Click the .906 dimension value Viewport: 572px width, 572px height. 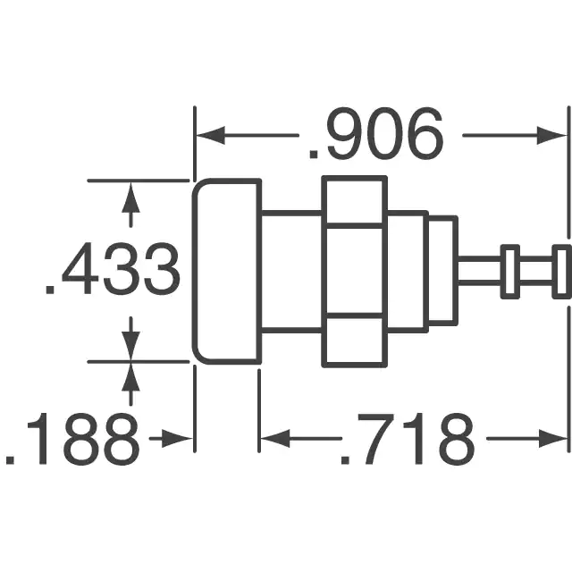click(x=375, y=136)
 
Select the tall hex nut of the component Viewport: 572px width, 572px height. click(x=355, y=272)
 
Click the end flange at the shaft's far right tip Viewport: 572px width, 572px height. click(x=561, y=272)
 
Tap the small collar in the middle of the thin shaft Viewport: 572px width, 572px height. click(x=510, y=272)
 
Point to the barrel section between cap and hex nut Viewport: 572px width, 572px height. click(x=290, y=272)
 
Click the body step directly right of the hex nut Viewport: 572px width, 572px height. click(x=408, y=272)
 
